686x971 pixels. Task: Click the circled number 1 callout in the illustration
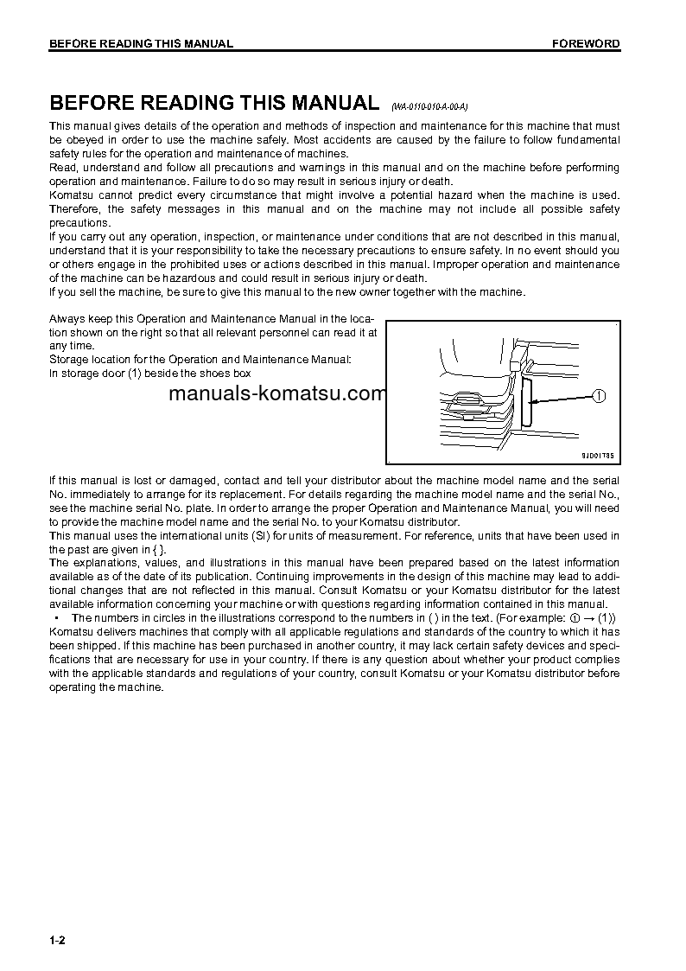(600, 396)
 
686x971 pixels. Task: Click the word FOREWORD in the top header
(586, 43)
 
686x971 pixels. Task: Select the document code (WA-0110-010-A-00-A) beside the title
(429, 106)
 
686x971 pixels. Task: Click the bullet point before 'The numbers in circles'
(56, 617)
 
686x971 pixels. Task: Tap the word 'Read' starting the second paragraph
(62, 168)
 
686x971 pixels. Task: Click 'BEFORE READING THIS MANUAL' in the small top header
(141, 43)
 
